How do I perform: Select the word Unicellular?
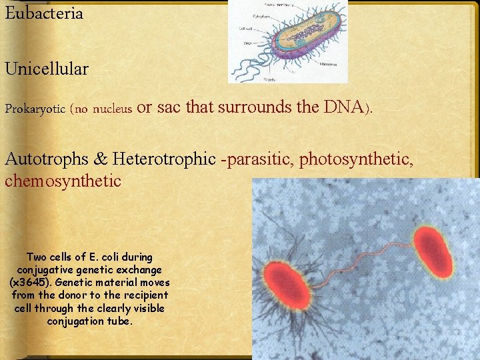(x=47, y=69)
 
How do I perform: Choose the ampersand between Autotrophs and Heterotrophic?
(x=102, y=159)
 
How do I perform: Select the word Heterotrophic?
(x=165, y=159)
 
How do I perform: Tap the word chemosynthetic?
(x=63, y=181)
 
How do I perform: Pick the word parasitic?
(x=259, y=159)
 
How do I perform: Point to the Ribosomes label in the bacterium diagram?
(x=327, y=65)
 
